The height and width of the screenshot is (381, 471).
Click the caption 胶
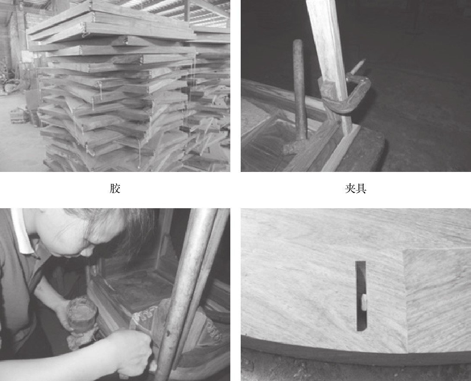click(x=115, y=188)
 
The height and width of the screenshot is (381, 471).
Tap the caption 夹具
click(x=356, y=188)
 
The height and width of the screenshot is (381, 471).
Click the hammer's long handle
click(x=299, y=90)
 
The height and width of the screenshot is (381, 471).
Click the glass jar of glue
click(x=82, y=315)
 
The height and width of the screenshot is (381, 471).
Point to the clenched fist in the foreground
click(x=132, y=351)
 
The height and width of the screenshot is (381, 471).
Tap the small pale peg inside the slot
click(x=364, y=302)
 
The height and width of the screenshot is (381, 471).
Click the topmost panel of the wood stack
click(x=111, y=21)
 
